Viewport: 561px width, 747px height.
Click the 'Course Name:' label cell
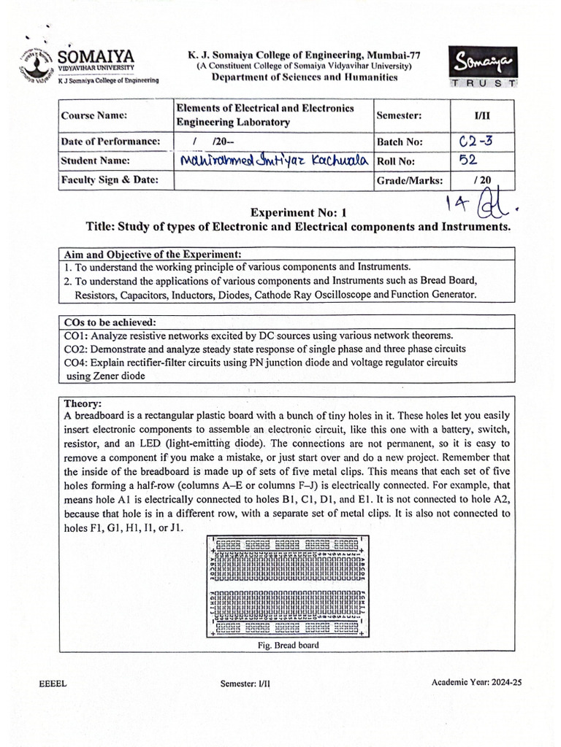point(94,116)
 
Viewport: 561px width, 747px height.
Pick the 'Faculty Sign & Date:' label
point(110,180)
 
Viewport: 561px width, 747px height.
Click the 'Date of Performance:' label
point(110,141)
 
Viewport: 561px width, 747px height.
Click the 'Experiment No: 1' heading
point(298,212)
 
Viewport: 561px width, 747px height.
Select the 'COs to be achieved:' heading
point(110,322)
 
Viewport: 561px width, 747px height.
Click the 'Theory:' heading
point(83,403)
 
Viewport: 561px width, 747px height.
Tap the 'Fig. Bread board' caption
point(289,645)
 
